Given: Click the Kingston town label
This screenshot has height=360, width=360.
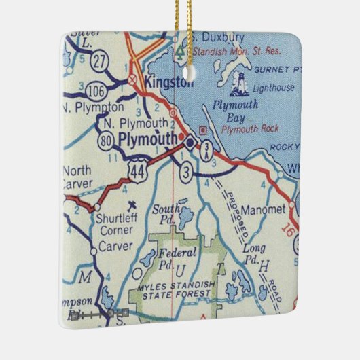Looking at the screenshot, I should click(x=166, y=83).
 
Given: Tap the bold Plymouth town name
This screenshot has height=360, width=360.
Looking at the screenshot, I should click(x=149, y=138).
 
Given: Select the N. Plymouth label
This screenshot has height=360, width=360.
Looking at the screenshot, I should click(x=136, y=123).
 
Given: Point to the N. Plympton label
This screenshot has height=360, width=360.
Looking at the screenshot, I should click(x=93, y=107).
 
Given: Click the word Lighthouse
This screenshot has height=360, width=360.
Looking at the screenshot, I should click(x=274, y=88).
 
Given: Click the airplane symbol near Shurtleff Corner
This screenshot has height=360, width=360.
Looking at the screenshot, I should click(x=131, y=203).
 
